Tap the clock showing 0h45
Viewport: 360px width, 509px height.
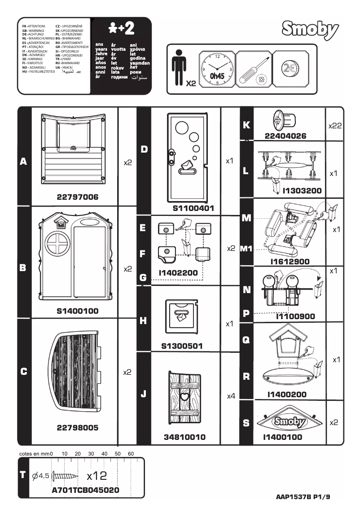point(217,70)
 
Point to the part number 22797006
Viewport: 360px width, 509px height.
point(77,197)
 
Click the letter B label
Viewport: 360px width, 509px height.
point(23,268)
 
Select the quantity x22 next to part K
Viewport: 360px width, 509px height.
point(334,126)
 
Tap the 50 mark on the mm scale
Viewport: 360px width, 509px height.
point(118,454)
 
